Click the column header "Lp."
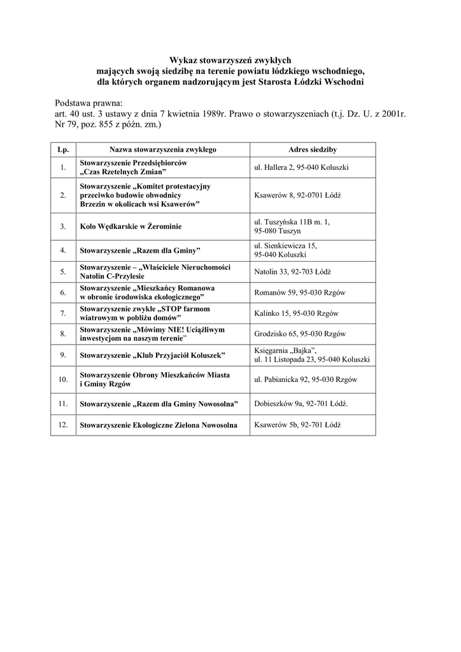coord(63,150)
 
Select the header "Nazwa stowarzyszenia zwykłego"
coord(163,150)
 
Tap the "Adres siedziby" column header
coord(313,150)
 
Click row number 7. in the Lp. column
coord(63,313)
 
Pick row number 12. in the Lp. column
coord(63,425)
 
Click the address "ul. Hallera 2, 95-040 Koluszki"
coord(301,167)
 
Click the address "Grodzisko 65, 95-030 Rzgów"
coord(299,334)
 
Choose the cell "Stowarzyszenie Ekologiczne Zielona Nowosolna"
coord(159,425)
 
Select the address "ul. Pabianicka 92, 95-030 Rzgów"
coord(306,379)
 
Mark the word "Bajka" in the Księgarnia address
coord(302,350)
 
